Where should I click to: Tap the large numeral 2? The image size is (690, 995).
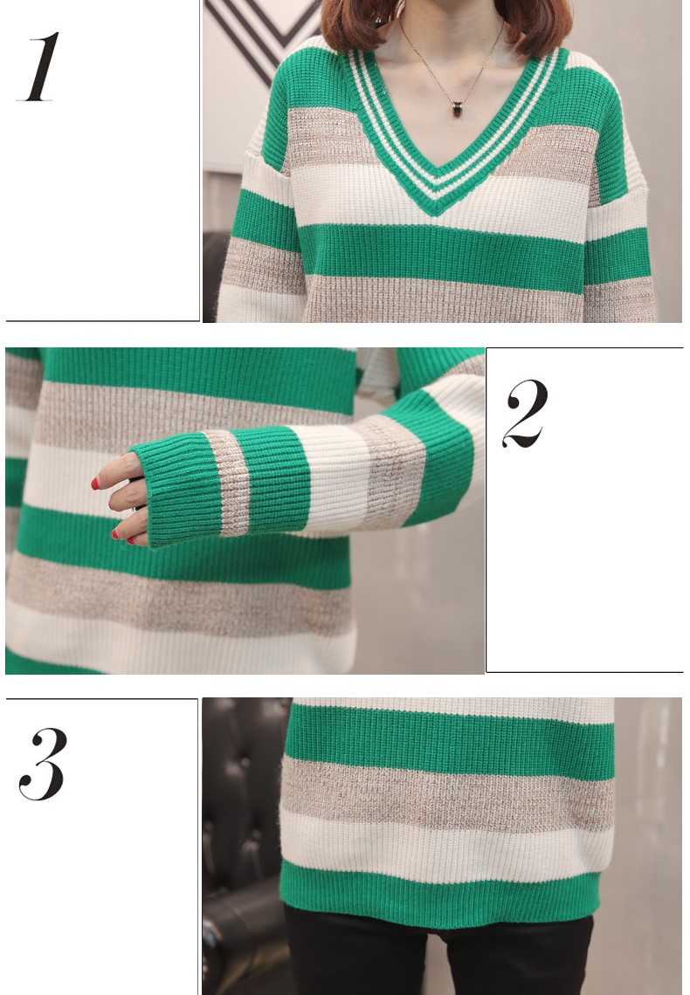(x=525, y=414)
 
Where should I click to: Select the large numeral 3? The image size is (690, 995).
(x=43, y=764)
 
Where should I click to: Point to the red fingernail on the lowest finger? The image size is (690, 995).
(x=114, y=534)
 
